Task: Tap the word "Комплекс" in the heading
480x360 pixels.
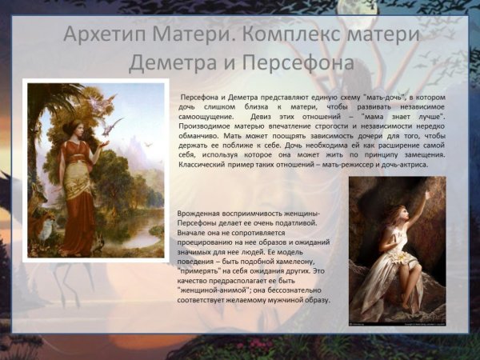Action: [x=321, y=36]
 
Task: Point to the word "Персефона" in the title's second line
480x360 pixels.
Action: [x=300, y=62]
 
